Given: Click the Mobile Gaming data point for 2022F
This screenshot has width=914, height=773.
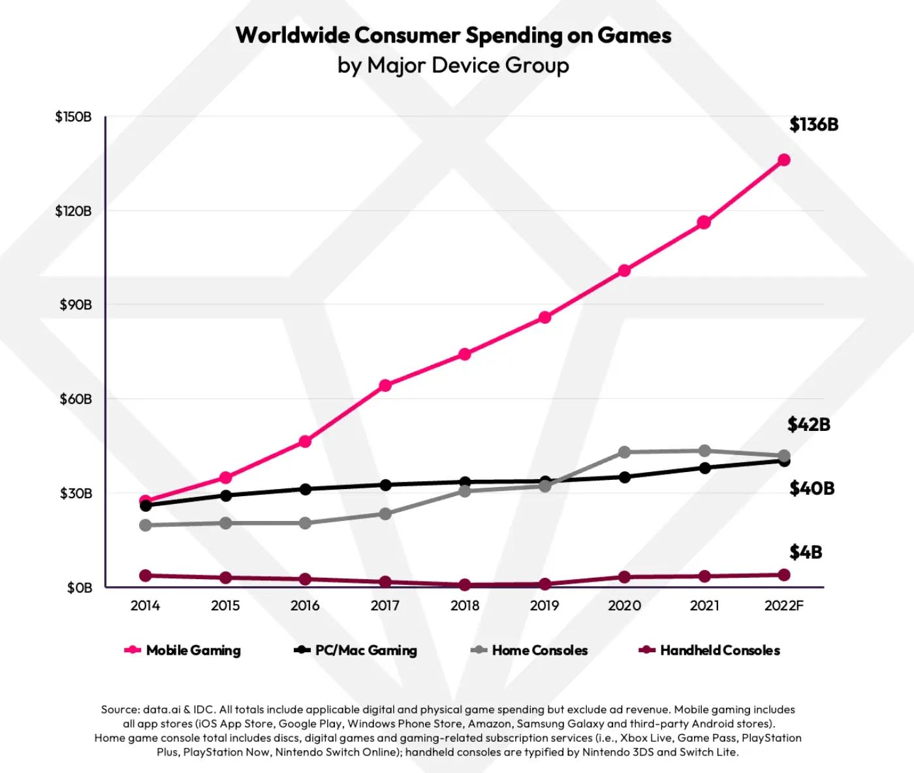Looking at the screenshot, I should [x=784, y=160].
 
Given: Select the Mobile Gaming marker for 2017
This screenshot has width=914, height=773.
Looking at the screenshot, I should [x=385, y=385].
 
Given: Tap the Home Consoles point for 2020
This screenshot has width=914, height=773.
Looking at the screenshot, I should [x=624, y=452].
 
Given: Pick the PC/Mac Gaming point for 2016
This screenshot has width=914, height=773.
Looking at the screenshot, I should [x=305, y=489].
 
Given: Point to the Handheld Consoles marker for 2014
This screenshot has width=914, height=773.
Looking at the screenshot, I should [x=146, y=575].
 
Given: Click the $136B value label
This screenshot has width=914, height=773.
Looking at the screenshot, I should [x=813, y=124].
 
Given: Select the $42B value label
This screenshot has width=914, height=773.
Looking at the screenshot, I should [x=808, y=424].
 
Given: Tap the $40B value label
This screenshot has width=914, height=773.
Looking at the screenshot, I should [x=812, y=488].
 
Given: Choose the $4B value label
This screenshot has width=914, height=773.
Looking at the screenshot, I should [x=806, y=552].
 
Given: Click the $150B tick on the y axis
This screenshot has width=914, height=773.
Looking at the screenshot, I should [x=73, y=117].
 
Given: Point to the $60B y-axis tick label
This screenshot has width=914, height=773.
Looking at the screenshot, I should [x=76, y=399].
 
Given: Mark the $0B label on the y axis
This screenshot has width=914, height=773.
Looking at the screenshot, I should [x=80, y=588].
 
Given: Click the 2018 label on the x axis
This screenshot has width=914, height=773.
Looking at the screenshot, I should [x=465, y=606].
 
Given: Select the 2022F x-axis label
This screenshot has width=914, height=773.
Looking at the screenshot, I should [x=784, y=606].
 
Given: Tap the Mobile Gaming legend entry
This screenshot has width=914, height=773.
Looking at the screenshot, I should [x=183, y=650].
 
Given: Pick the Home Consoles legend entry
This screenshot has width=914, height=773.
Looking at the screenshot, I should [x=530, y=650].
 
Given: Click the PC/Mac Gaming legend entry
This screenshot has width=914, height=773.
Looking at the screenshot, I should [x=356, y=650].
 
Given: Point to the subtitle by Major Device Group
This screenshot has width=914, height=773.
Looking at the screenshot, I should [x=453, y=65].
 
